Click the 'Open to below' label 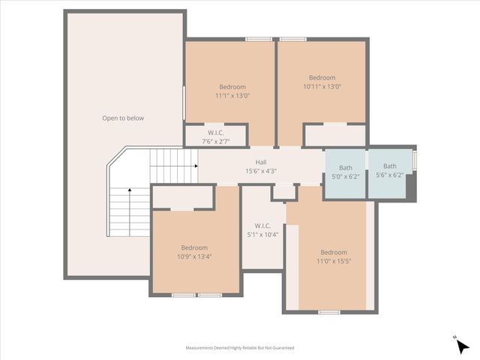point(123,118)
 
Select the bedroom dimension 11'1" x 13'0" point(232,95)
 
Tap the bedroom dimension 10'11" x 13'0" point(322,86)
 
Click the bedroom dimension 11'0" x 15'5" point(334,261)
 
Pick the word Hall point(260,162)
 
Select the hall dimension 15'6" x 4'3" point(260,171)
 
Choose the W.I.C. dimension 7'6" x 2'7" point(216,141)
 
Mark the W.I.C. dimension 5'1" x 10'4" point(262,234)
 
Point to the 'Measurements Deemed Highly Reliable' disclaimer point(240,348)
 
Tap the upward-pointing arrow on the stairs point(129,192)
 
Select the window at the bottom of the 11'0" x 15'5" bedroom point(329,311)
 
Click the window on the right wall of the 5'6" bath point(415,160)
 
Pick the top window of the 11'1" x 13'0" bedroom point(259,39)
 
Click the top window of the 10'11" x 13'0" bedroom point(293,39)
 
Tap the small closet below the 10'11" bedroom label point(334,135)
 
